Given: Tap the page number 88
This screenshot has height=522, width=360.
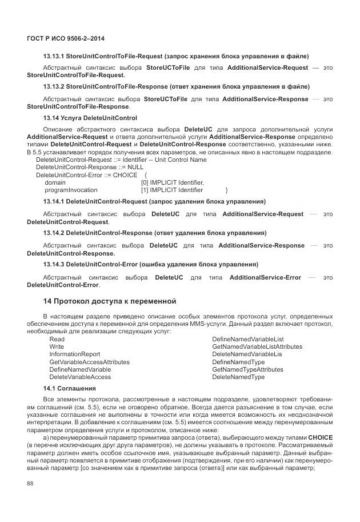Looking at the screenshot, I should [x=30, y=484].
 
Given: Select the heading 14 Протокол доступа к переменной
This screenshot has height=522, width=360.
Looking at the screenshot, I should [x=110, y=301].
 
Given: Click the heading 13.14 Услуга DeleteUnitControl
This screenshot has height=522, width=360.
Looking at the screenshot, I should [x=90, y=118].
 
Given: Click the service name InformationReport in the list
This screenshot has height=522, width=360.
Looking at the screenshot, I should [x=74, y=354].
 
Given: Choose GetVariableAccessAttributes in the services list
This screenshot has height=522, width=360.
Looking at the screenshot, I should [x=89, y=362].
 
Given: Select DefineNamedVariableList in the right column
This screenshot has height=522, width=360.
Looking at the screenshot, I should [x=247, y=339].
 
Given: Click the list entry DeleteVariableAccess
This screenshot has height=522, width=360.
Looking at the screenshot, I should [x=80, y=377].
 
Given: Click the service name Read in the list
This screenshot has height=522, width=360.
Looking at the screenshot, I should [x=57, y=339].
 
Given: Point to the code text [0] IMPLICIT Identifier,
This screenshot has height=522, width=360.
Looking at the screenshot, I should [x=172, y=182].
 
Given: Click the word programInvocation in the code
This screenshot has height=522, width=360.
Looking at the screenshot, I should [x=71, y=190].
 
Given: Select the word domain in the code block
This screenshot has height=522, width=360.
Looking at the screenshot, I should [x=55, y=182].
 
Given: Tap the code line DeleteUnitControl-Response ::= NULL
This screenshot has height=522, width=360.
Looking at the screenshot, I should [x=82, y=168].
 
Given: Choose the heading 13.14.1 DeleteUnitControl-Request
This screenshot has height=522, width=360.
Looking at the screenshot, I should [x=154, y=202].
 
